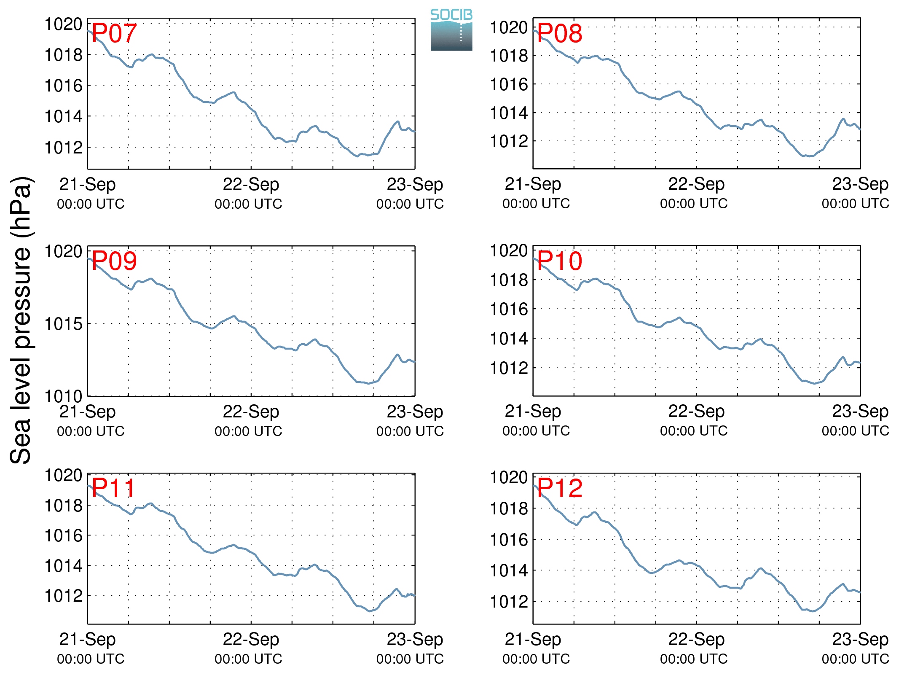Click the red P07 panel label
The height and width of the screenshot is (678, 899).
[x=114, y=33]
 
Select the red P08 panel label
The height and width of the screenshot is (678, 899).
[x=560, y=33]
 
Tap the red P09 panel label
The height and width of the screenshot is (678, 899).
[x=114, y=261]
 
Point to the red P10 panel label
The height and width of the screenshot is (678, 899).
[x=560, y=261]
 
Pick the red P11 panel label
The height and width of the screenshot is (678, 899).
[x=113, y=488]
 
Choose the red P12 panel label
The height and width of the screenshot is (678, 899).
[x=560, y=488]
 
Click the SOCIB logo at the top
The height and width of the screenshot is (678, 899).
[x=451, y=30]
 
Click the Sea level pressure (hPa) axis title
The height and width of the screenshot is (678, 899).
[x=21, y=320]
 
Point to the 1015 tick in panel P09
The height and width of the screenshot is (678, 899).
[x=64, y=324]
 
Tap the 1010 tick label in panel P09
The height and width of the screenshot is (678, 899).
[x=64, y=396]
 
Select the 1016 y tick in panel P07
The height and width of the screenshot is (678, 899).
[x=64, y=86]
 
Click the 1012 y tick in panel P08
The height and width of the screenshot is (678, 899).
[x=509, y=141]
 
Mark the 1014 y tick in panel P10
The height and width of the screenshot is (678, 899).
[x=509, y=338]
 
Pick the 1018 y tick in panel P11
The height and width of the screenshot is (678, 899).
[x=64, y=505]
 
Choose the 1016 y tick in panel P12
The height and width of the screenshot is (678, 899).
[x=509, y=539]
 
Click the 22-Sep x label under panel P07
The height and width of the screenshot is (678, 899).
[x=251, y=184]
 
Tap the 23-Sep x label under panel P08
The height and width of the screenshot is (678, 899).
[x=860, y=184]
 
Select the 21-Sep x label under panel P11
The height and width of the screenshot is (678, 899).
[x=87, y=639]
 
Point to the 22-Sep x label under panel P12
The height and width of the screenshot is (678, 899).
[x=696, y=639]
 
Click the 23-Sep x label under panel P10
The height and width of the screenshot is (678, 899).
[x=860, y=411]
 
